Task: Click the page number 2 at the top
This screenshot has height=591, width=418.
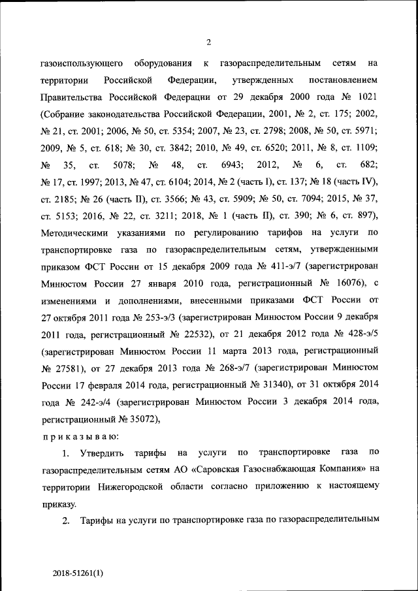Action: pyautogui.click(x=208, y=42)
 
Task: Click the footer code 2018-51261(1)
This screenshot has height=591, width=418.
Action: pyautogui.click(x=78, y=573)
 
